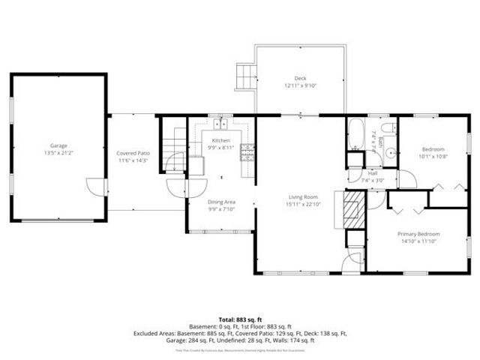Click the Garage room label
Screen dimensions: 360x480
click(58, 145)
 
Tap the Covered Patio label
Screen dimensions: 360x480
click(133, 154)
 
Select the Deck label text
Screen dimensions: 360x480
click(300, 79)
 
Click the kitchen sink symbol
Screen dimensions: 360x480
click(220, 125)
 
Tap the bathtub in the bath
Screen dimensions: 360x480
click(355, 135)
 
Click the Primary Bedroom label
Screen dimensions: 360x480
click(418, 234)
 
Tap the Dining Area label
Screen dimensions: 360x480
click(222, 202)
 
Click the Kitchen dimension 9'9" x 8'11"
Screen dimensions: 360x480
click(220, 147)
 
